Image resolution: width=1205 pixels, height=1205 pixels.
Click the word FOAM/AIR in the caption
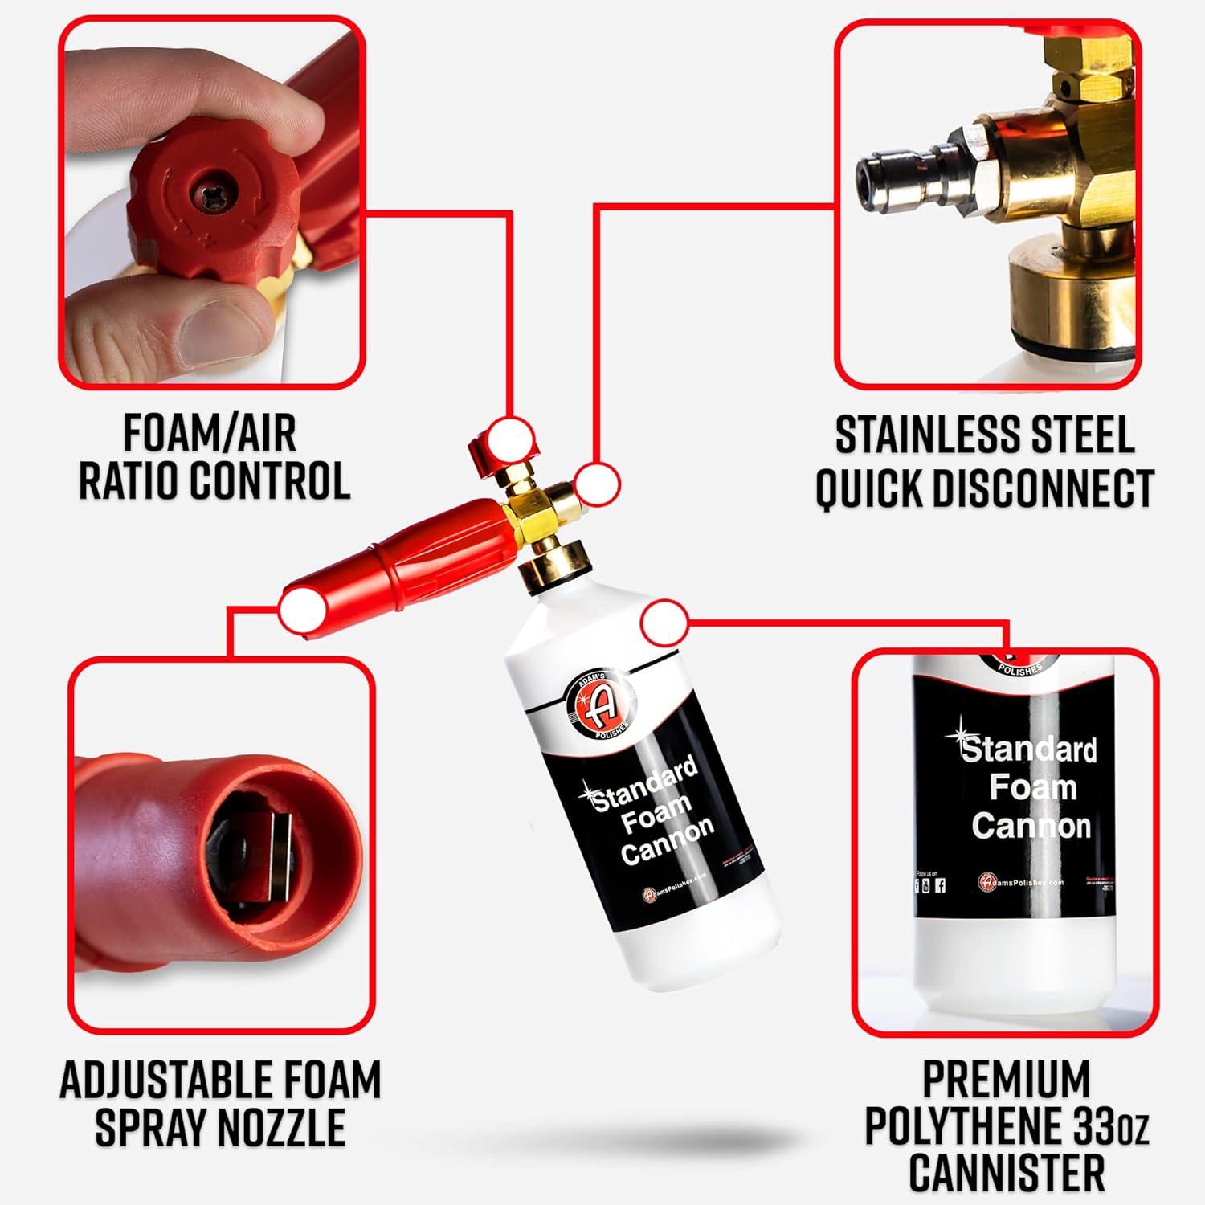[210, 434]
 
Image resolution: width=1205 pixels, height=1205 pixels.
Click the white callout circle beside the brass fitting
[598, 484]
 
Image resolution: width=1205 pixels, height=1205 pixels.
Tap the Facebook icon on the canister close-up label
[940, 885]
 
